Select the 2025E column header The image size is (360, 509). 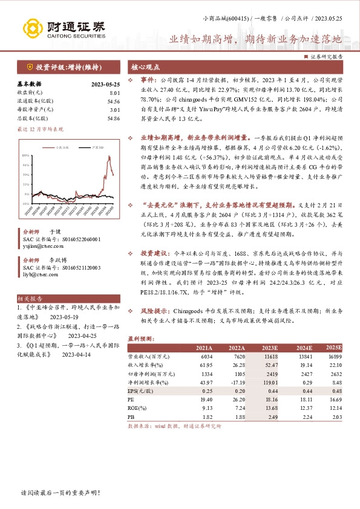pyautogui.click(x=333, y=348)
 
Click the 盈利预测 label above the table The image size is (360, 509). pyautogui.click(x=139, y=339)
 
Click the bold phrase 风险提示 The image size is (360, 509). pyautogui.click(x=154, y=310)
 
